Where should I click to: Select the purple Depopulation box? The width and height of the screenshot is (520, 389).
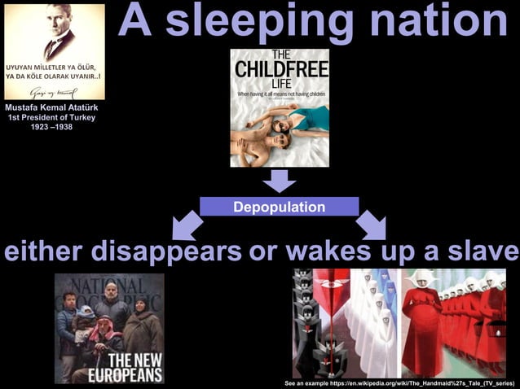pos(279,207)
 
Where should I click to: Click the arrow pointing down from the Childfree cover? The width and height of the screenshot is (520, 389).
pos(279,181)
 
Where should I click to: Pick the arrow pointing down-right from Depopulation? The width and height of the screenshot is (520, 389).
pos(371,225)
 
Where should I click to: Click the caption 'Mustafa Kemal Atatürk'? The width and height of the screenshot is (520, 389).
pos(54,107)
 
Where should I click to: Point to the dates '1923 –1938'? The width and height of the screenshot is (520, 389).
pos(52,127)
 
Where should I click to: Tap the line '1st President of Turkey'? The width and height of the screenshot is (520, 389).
pos(54,117)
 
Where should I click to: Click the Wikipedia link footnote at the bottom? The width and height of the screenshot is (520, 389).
pos(399,382)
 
